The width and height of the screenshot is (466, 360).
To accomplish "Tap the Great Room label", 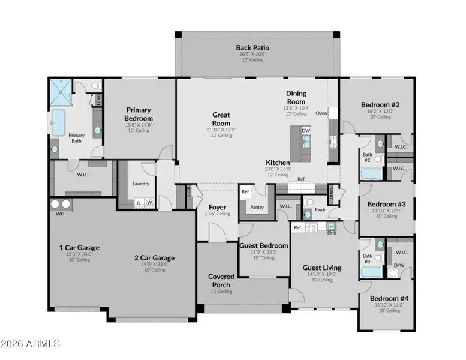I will (x=221, y=118).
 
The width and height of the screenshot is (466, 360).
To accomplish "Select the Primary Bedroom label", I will (x=139, y=114).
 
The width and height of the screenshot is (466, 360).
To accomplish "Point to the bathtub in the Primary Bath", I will (x=59, y=122).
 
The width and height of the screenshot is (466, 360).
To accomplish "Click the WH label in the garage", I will (x=59, y=214).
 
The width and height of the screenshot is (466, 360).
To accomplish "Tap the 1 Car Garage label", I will (x=79, y=247).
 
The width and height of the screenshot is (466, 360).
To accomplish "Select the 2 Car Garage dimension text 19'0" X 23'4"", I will (x=154, y=265).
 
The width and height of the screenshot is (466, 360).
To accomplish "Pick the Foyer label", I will (x=217, y=208).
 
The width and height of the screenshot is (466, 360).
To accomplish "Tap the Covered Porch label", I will (x=221, y=281).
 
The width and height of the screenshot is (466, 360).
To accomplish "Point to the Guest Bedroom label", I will (x=264, y=245).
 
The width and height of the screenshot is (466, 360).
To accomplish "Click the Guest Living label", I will (x=321, y=268).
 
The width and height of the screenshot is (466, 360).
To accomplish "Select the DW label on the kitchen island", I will (x=306, y=130).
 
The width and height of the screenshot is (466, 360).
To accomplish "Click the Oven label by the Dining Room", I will (x=321, y=112).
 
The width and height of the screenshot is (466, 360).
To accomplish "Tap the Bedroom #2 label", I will (x=376, y=104).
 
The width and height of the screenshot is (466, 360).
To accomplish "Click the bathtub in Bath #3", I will (x=371, y=272).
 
